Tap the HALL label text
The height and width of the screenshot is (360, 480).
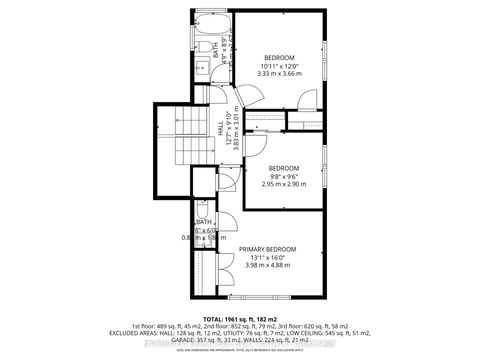[220, 128]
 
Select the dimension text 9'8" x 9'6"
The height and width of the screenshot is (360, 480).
[284, 176]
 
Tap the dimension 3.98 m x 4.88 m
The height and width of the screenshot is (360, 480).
[267, 266]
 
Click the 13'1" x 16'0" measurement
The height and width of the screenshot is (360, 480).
[267, 257]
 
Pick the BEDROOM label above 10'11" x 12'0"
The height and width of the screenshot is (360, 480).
[280, 57]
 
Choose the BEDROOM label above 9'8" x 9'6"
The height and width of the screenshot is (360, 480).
[284, 167]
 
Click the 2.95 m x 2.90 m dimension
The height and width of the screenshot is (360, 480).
[284, 185]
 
